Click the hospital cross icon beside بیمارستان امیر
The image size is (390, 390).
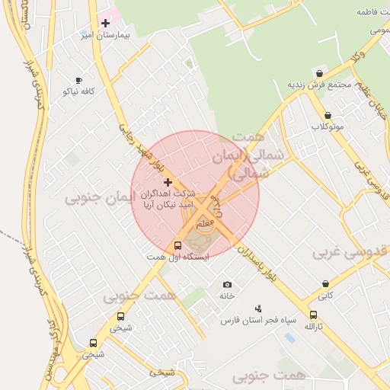[x=105, y=24]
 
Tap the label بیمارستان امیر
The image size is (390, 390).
[x=107, y=35]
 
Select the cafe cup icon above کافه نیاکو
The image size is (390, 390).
[x=78, y=80]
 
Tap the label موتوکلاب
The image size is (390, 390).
[x=328, y=126]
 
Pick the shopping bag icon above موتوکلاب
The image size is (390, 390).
[x=328, y=115]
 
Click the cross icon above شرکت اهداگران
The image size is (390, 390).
[x=168, y=183]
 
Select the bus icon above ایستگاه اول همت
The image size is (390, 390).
[x=178, y=245]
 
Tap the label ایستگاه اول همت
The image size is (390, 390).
[x=178, y=257]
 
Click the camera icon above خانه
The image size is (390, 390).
[x=226, y=284]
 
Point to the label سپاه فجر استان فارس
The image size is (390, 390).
[x=257, y=321]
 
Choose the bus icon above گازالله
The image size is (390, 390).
[x=313, y=315]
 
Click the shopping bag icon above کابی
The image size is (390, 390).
[x=325, y=284]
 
